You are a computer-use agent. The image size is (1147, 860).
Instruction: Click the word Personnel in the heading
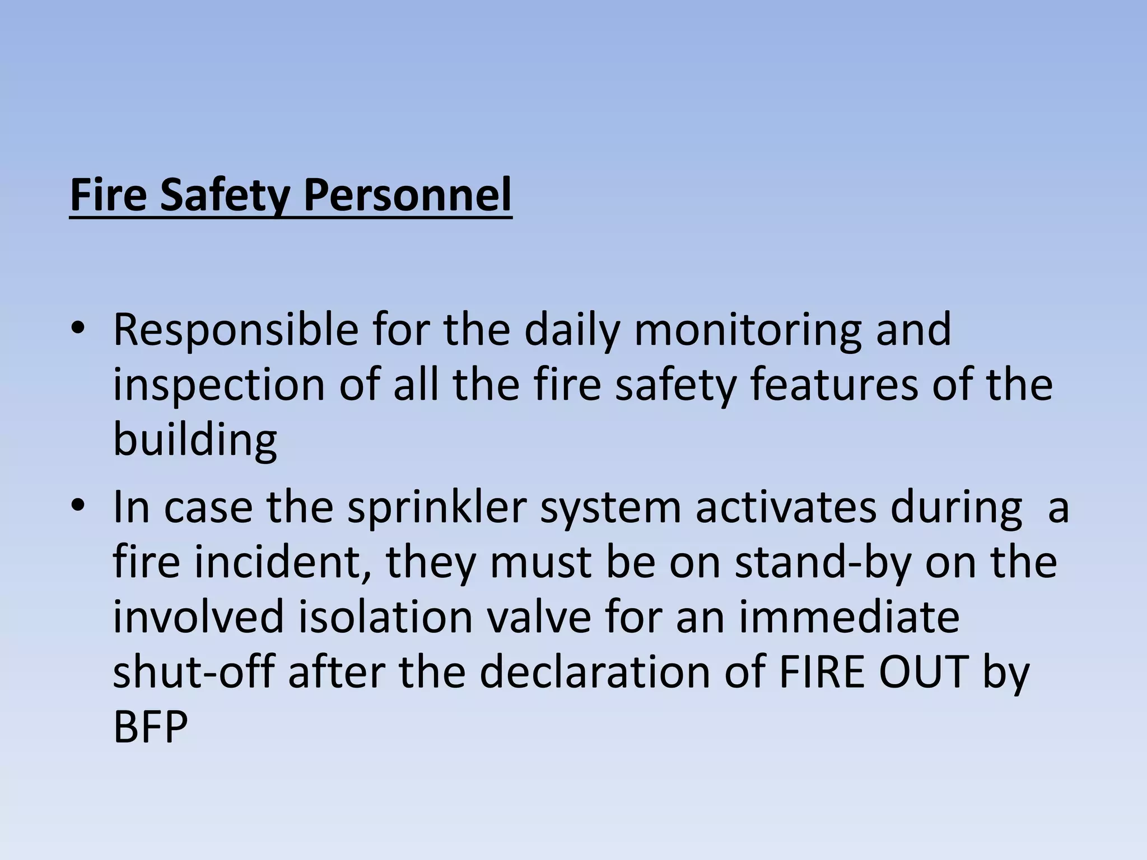407,195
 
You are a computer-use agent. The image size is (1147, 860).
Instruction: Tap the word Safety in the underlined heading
225,195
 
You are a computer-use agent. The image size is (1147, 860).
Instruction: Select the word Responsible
235,330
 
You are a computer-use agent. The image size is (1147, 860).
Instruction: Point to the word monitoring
747,330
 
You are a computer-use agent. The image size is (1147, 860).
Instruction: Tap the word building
195,440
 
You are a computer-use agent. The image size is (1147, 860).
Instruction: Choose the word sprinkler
437,507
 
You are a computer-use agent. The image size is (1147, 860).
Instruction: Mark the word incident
283,562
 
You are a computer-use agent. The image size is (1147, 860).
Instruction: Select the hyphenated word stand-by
824,562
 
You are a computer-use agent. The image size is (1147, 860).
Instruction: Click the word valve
538,617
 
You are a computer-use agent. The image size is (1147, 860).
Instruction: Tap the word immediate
849,617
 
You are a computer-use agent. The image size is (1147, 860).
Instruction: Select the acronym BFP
150,727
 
